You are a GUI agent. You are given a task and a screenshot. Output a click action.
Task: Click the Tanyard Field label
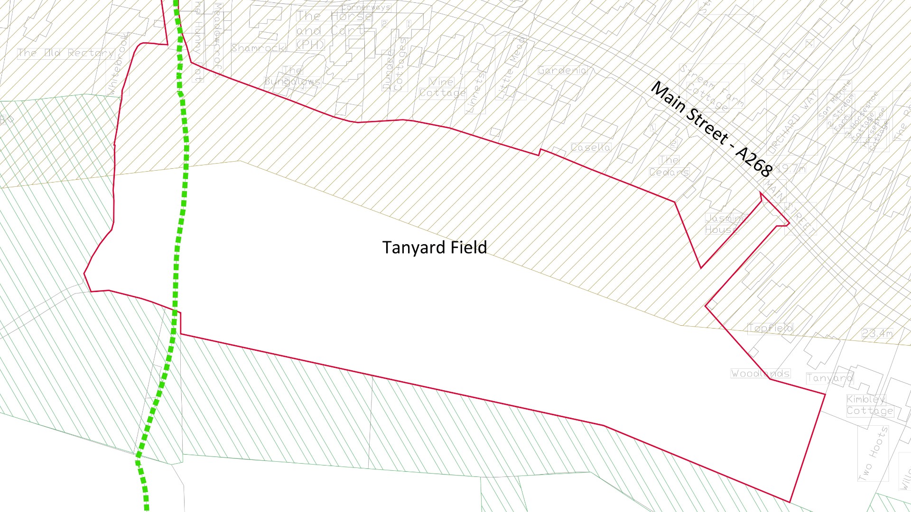click(435, 247)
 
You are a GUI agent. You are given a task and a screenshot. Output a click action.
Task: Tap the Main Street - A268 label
click(712, 129)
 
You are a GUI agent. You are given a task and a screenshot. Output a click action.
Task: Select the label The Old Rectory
click(66, 53)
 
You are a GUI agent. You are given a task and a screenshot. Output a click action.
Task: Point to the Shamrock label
click(258, 48)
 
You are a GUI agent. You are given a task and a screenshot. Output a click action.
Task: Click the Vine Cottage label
click(442, 88)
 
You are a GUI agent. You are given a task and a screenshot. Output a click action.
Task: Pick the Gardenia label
click(563, 71)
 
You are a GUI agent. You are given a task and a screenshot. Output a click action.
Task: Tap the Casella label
click(590, 147)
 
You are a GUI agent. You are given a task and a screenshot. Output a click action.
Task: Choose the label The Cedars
click(669, 166)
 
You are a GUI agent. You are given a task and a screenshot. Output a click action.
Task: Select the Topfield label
click(770, 328)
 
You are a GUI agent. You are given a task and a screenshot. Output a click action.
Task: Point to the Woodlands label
click(761, 374)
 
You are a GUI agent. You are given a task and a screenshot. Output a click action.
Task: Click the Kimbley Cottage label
click(869, 405)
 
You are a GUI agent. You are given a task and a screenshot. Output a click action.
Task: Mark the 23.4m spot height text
click(877, 334)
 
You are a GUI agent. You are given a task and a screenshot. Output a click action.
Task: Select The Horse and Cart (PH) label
click(332, 30)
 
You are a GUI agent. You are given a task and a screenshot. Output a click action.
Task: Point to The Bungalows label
click(292, 76)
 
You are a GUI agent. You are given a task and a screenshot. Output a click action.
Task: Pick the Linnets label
click(476, 92)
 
